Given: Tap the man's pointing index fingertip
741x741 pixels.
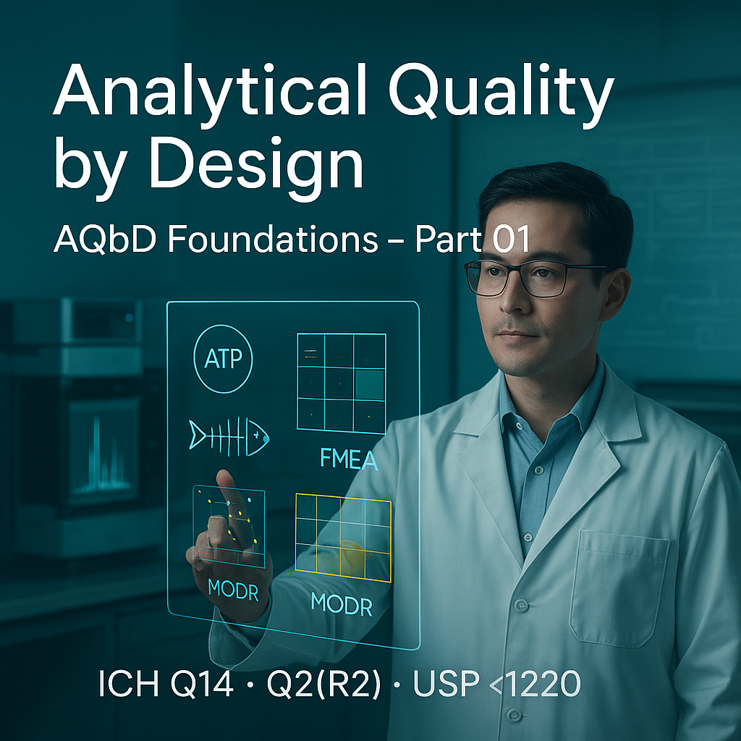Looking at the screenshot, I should (225, 478).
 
